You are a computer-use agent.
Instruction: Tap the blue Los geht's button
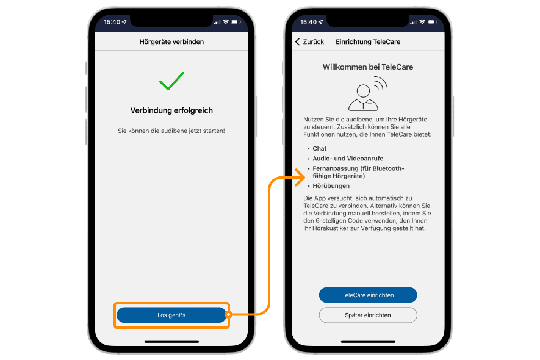[171, 315]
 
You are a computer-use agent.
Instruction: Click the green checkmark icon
[171, 81]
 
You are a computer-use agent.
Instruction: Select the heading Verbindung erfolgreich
[171, 110]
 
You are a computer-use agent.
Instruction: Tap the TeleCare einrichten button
[368, 295]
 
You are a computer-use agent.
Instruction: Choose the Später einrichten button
[368, 315]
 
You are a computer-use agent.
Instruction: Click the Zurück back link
[309, 41]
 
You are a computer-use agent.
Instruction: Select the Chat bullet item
[319, 149]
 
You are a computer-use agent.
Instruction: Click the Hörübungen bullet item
[331, 186]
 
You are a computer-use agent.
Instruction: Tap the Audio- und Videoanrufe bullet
[348, 159]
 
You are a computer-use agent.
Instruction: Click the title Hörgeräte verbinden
[171, 42]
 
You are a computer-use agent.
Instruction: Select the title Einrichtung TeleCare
[368, 42]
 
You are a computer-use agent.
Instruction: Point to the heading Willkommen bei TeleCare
[368, 67]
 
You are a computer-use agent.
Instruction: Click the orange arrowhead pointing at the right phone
[300, 178]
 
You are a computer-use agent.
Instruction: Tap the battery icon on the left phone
[236, 22]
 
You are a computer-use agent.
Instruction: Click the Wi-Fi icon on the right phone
[422, 22]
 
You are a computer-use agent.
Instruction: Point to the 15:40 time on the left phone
[112, 22]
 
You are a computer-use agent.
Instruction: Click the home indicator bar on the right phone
[368, 342]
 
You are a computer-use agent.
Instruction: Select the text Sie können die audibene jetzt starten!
[171, 131]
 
